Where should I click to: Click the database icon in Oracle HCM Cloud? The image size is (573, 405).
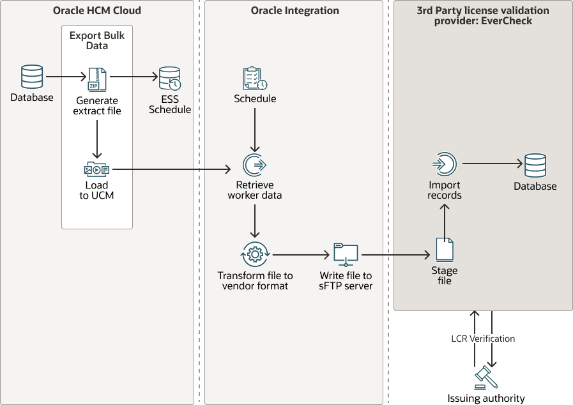tap(32, 77)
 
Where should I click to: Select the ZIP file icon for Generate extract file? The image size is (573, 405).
tap(97, 79)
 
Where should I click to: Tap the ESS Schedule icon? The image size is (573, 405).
tap(170, 78)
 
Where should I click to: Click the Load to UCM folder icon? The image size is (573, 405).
tap(96, 169)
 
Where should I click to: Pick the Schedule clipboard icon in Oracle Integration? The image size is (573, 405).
tap(255, 78)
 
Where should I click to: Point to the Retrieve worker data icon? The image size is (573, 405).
tap(255, 164)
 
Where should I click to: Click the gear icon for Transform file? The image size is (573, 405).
tap(255, 254)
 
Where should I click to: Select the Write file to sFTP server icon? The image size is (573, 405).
tap(346, 254)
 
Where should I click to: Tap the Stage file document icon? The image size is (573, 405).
tap(445, 249)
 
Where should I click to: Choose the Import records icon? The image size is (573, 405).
tap(445, 164)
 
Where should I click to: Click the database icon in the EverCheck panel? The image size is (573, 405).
tap(535, 165)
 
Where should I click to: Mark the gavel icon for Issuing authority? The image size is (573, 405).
tap(486, 378)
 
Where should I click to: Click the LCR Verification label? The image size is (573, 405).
tap(482, 339)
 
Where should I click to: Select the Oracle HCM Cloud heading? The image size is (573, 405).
tap(97, 11)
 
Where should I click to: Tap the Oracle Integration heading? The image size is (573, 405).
tap(295, 11)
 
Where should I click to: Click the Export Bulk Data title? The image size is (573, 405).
tap(97, 40)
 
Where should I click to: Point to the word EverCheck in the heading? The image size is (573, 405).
tap(508, 21)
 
